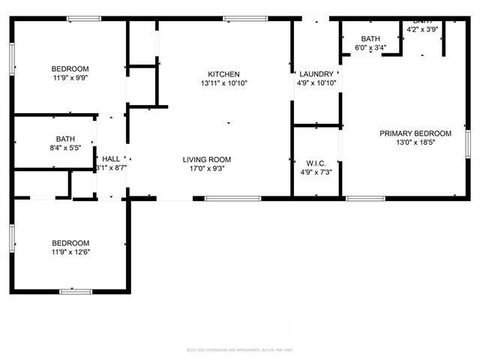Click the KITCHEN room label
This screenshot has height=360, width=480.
tap(223, 74)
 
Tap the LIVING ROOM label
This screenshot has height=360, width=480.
tap(207, 159)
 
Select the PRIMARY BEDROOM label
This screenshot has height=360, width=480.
tap(415, 133)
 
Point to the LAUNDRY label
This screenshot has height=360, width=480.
tap(316, 74)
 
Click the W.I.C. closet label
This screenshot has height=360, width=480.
tap(316, 163)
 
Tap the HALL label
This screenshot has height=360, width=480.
tap(111, 159)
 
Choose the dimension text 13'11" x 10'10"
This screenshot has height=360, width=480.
tap(223, 83)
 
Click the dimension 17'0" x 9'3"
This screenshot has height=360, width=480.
tap(207, 169)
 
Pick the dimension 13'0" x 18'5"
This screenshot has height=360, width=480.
tap(415, 142)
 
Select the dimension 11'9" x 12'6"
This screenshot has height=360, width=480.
tap(70, 252)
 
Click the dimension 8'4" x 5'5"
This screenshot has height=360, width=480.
tap(65, 148)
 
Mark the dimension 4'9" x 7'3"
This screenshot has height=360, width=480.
tap(316, 172)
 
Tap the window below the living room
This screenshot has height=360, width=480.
tap(232, 199)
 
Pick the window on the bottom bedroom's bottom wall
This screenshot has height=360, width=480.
tap(76, 291)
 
